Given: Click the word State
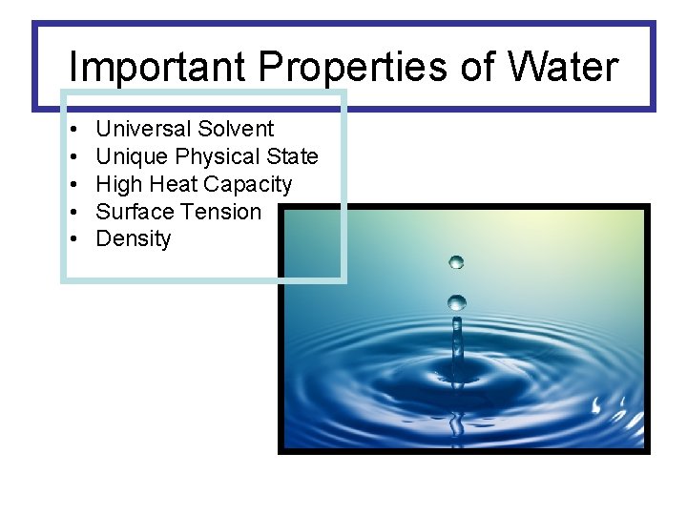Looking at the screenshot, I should coord(293,156).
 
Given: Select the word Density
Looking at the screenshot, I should coord(134,239).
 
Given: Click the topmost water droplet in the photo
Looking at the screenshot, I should coord(457,261).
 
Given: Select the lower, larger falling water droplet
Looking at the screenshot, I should coord(457,302).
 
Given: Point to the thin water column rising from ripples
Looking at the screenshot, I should coord(457,339).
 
